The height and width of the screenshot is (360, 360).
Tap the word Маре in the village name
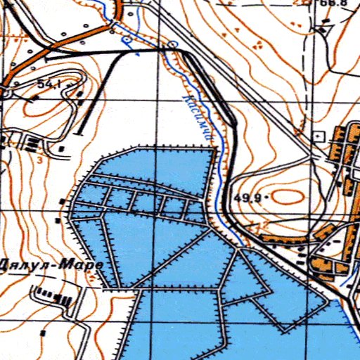[82, 266]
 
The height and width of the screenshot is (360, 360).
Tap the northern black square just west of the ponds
[63, 202]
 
